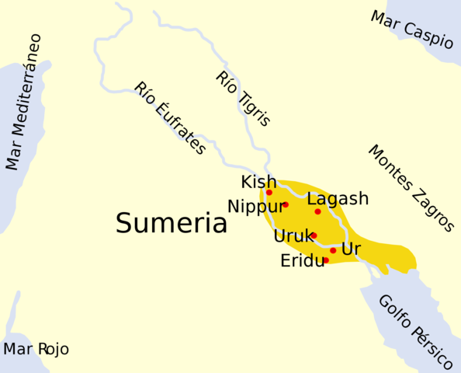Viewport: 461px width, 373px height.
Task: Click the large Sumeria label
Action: tap(172, 224)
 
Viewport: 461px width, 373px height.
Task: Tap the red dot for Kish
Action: tap(269, 192)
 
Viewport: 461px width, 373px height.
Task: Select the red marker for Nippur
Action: tap(286, 204)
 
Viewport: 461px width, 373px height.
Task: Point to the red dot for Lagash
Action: tap(317, 211)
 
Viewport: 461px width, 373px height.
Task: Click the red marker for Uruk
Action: tap(314, 235)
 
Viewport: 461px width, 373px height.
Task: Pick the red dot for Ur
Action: tap(333, 250)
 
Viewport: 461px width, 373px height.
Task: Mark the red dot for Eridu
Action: tap(326, 260)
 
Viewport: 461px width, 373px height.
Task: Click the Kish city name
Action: tap(258, 182)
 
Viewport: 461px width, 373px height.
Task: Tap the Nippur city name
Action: tap(255, 207)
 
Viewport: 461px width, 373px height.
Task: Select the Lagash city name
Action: tap(338, 199)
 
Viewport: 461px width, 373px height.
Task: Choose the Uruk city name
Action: tap(292, 236)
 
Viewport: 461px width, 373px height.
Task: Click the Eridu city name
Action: tap(302, 261)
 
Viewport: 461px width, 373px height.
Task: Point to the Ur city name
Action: tap(351, 249)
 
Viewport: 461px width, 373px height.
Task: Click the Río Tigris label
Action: tap(243, 99)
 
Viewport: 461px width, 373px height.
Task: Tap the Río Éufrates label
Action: tap(170, 118)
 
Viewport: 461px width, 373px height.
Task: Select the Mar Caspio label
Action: tap(411, 30)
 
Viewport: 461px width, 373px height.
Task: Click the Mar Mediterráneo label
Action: tap(24, 101)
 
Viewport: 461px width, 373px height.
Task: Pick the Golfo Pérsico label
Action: tap(415, 332)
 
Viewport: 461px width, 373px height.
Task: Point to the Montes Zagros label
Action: tap(411, 188)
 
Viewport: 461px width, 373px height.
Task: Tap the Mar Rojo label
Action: tap(36, 350)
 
